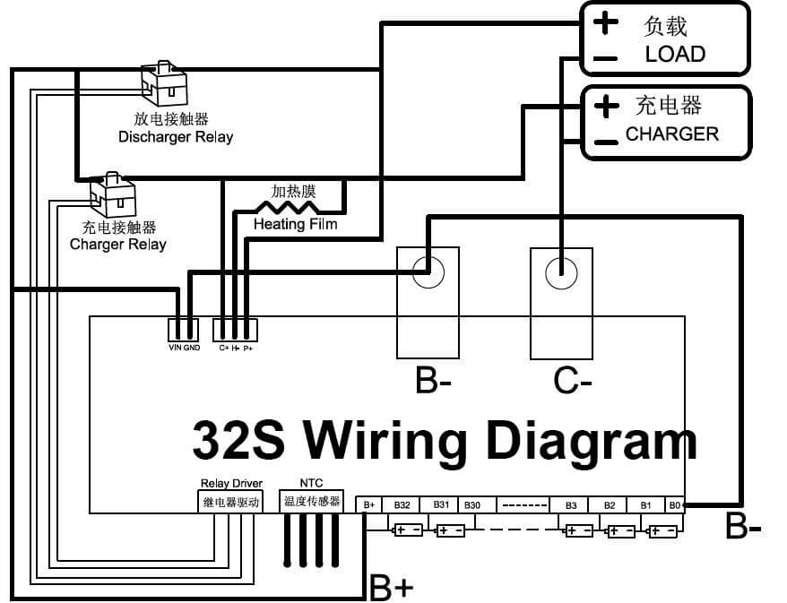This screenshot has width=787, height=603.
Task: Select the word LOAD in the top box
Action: coord(675,54)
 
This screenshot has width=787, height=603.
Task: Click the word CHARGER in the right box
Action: coord(671,134)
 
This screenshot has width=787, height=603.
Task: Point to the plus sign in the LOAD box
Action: coord(605,22)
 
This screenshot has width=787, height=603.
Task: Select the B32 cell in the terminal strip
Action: coord(402,505)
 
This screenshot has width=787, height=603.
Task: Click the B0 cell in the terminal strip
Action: coord(674,505)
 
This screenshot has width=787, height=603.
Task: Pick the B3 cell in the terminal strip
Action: coord(570,505)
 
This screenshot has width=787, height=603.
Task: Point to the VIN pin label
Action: coord(175,347)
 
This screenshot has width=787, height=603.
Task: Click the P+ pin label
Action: coord(248,347)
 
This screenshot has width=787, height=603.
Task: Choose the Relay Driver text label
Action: coord(231,483)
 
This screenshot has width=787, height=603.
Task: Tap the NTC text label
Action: coord(311,483)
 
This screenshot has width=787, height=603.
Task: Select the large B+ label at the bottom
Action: coord(392,587)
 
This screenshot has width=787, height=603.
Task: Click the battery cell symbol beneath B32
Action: coord(408,530)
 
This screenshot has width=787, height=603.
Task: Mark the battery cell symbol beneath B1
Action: coord(663,531)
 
